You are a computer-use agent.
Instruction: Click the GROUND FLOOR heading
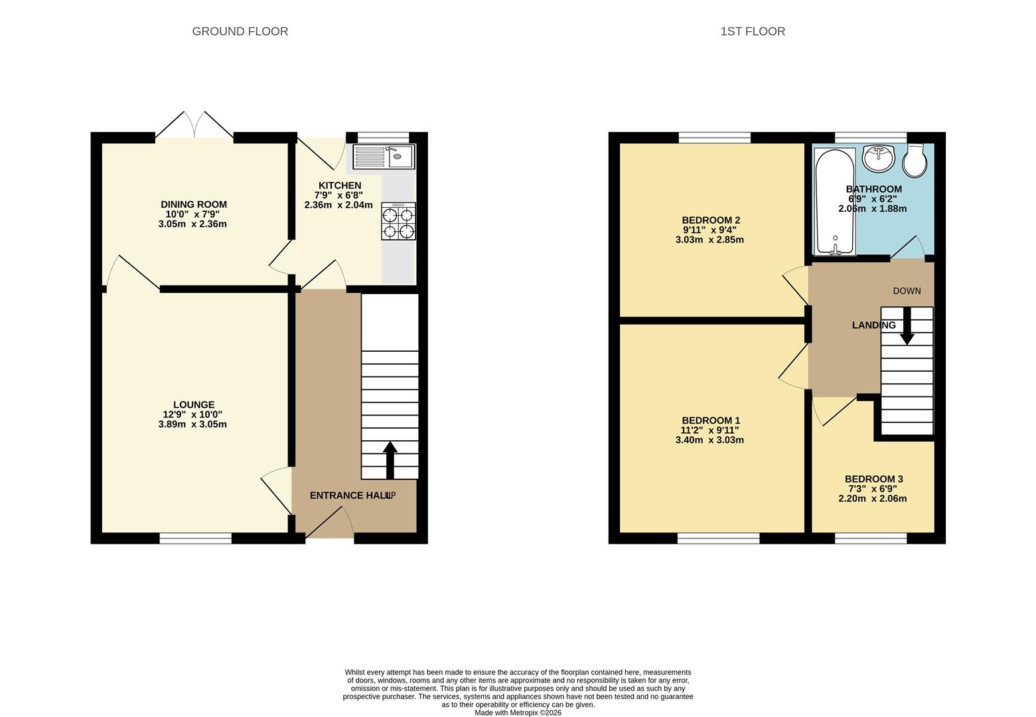pyautogui.click(x=240, y=31)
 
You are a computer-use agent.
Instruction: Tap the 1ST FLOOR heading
pyautogui.click(x=753, y=31)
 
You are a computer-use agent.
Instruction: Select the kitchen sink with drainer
pyautogui.click(x=384, y=157)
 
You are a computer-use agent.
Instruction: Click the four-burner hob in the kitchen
pyautogui.click(x=398, y=221)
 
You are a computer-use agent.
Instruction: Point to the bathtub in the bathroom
pyautogui.click(x=835, y=202)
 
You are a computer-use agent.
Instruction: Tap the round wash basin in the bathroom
pyautogui.click(x=879, y=158)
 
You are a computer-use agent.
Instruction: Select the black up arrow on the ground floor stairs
pyautogui.click(x=390, y=460)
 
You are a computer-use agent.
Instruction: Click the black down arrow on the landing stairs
pyautogui.click(x=907, y=326)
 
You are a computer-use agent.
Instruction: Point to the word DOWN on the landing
pyautogui.click(x=907, y=291)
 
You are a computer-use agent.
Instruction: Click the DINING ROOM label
pyautogui.click(x=194, y=204)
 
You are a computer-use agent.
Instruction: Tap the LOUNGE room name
pyautogui.click(x=194, y=405)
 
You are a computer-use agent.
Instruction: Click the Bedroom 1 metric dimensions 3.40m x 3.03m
pyautogui.click(x=709, y=440)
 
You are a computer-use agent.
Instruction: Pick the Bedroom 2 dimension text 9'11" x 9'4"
pyautogui.click(x=709, y=230)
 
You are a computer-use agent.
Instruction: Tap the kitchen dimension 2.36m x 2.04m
pyautogui.click(x=338, y=205)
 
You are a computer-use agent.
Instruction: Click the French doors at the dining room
pyautogui.click(x=194, y=125)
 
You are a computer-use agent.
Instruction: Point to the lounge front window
pyautogui.click(x=196, y=538)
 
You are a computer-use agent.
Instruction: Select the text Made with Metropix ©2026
pyautogui.click(x=518, y=713)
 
